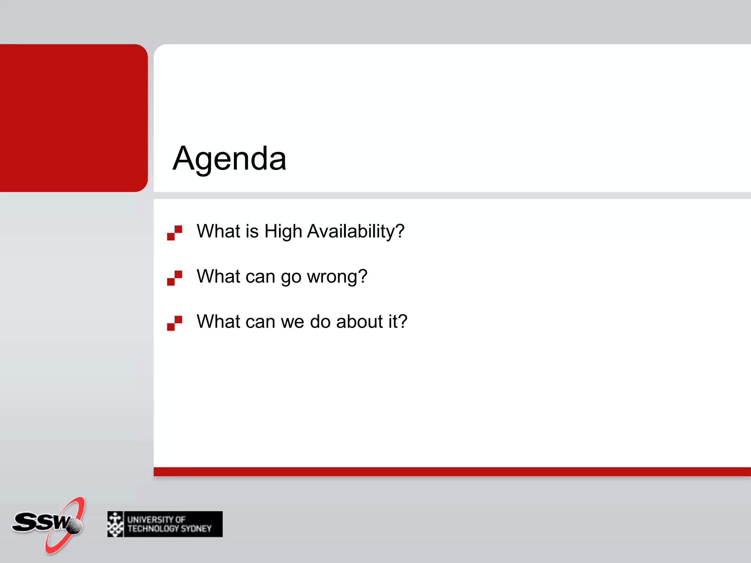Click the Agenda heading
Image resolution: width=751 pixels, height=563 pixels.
tap(229, 158)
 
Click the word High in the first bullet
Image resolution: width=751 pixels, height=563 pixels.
tap(283, 231)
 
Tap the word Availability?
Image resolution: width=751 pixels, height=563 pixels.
tap(355, 231)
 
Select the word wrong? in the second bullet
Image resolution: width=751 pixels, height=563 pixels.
tap(337, 276)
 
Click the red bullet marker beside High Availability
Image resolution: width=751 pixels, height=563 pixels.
tap(175, 233)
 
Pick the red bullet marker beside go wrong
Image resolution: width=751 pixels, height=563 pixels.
tap(175, 278)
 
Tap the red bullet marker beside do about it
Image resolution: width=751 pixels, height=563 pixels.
tap(175, 323)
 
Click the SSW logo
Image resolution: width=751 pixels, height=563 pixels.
tap(48, 524)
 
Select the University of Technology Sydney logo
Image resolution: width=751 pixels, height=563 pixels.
tap(165, 524)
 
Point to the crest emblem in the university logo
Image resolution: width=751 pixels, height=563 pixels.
tap(116, 524)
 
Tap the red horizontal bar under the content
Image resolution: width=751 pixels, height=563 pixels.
tap(451, 471)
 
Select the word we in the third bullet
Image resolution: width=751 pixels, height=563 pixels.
tap(292, 322)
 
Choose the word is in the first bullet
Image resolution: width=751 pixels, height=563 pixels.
tap(252, 231)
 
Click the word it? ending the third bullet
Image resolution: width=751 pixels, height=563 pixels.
tap(398, 321)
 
